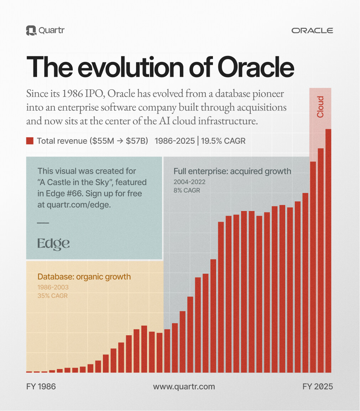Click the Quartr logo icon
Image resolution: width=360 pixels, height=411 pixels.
(31, 30)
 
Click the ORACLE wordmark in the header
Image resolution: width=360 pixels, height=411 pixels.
(312, 31)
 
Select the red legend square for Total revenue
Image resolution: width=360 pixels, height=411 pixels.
(30, 141)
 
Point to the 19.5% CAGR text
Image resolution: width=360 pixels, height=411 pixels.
(223, 141)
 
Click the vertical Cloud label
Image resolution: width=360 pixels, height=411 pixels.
(320, 107)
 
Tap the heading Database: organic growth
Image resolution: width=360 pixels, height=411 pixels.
(84, 276)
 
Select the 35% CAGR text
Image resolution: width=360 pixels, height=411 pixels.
(52, 296)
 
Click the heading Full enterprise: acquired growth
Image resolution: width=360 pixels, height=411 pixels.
(232, 171)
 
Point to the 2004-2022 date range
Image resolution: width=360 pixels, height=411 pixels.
(189, 182)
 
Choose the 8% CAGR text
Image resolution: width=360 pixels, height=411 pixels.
(187, 190)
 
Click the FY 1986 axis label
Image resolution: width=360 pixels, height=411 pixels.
(41, 386)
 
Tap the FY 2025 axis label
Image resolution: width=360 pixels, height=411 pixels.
(318, 386)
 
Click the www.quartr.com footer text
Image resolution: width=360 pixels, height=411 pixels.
(184, 386)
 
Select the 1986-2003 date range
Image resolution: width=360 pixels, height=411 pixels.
(53, 287)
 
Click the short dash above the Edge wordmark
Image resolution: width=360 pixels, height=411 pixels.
(43, 223)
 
